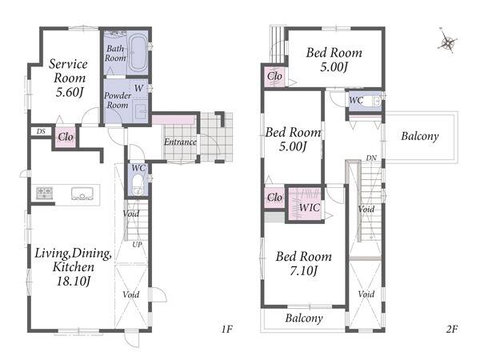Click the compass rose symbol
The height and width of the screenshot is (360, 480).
coord(447,42)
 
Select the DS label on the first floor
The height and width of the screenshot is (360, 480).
coord(41,131)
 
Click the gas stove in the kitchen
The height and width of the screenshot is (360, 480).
coord(44,193)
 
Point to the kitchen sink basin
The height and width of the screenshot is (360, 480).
coord(82,194)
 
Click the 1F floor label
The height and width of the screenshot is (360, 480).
coord(227,329)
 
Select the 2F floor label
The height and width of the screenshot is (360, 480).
coord(452,329)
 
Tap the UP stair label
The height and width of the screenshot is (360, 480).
coord(137,245)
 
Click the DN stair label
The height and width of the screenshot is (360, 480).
coord(371,158)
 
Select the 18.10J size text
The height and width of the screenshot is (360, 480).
coord(74,281)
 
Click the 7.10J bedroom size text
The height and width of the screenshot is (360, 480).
coord(303,270)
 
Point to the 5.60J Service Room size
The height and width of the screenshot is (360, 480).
coord(70,92)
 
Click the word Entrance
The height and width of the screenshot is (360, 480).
coord(180,142)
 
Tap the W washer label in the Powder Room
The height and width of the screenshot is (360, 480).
coord(138,88)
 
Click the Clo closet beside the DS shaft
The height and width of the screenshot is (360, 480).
coord(66,137)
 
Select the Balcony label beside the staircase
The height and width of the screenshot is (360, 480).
coord(420,136)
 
